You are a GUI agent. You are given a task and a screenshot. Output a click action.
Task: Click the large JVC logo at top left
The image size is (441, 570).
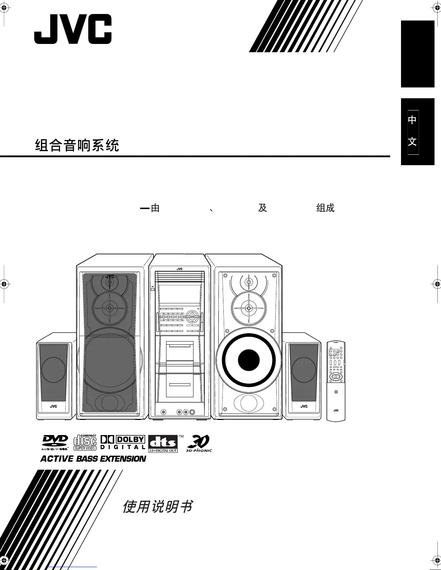point(73,29)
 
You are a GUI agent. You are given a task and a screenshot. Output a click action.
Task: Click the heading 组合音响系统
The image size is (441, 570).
point(77,145)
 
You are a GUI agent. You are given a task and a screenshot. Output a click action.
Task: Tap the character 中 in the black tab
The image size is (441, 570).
point(413,119)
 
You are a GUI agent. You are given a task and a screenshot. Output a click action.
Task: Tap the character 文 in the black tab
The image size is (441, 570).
point(413,141)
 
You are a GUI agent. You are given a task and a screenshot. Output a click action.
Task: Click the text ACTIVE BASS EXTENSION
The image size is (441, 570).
point(93,459)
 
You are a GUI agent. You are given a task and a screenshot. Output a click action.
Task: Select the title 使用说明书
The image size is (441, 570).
point(157,507)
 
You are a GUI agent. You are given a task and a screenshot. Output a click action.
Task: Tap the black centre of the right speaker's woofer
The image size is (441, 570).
point(249,360)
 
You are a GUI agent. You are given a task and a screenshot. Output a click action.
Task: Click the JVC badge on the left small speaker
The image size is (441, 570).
point(53,406)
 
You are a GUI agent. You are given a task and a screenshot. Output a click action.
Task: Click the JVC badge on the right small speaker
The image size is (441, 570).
point(304,406)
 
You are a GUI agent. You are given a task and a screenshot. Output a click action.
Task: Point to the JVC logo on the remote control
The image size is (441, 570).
point(336,410)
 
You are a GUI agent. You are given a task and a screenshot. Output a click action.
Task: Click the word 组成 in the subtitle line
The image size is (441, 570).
point(325,208)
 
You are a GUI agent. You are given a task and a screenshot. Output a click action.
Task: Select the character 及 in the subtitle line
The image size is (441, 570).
point(262,208)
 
